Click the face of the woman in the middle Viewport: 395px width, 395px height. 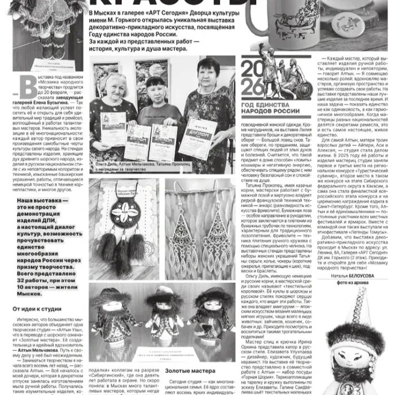pos(155,88)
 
